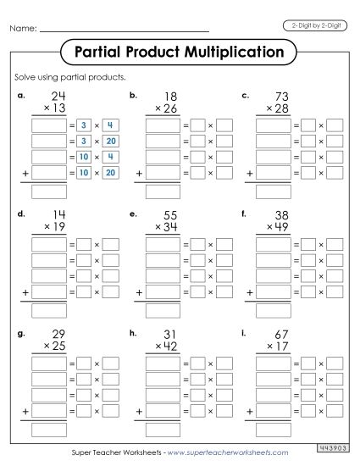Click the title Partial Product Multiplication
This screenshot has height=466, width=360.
(x=179, y=53)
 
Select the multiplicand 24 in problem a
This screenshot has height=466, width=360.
(x=58, y=97)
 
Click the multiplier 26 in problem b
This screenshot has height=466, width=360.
(x=171, y=109)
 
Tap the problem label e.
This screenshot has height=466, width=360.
(x=133, y=213)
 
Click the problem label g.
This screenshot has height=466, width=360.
(x=20, y=332)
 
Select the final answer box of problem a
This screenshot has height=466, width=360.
(x=48, y=191)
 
